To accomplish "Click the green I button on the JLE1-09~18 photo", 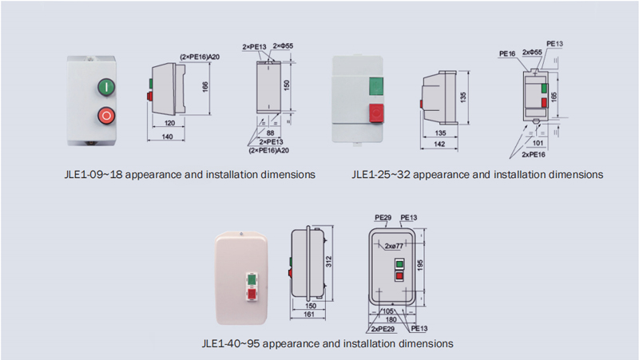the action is click(106, 87).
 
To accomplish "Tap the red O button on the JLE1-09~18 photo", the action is click(106, 116).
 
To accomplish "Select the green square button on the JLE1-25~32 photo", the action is click(375, 86).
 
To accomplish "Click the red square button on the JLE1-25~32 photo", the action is click(376, 113).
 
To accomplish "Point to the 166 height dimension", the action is click(205, 87).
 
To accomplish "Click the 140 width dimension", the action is click(167, 136).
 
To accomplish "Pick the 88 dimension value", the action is click(270, 133).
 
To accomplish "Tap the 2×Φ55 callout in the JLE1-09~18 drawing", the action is click(283, 46).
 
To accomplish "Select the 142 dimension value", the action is click(439, 144).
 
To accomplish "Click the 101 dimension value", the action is click(538, 143).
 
